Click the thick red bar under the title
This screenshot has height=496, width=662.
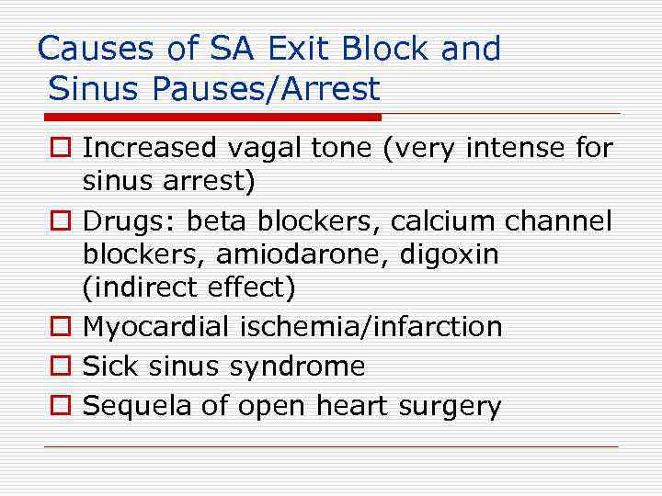pyautogui.click(x=212, y=118)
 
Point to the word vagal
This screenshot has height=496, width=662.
pyautogui.click(x=260, y=148)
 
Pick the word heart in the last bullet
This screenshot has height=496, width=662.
pyautogui.click(x=352, y=406)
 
